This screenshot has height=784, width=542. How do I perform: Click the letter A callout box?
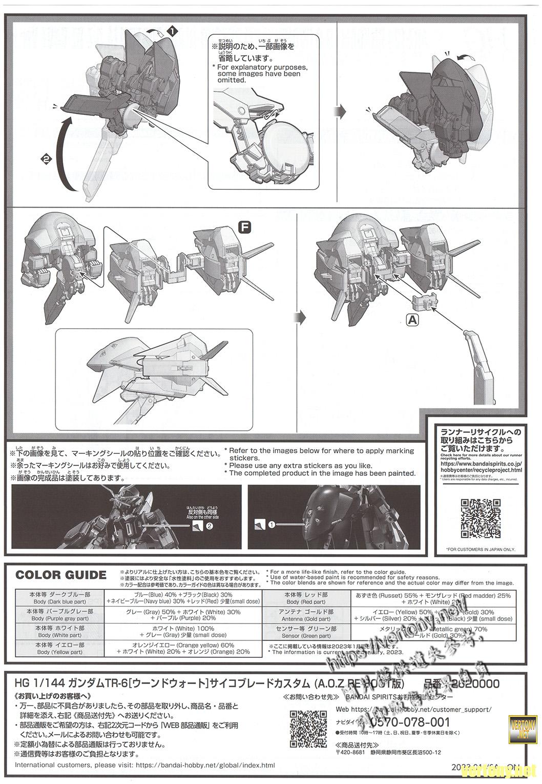[412, 320]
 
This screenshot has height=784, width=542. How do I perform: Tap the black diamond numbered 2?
[47, 159]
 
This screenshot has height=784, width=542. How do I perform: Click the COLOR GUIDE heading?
[60, 575]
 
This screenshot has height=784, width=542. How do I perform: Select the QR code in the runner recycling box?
[480, 518]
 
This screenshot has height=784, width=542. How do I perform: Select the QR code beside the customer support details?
[308, 729]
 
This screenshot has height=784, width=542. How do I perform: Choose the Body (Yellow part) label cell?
[59, 649]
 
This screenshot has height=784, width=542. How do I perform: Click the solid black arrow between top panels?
[339, 111]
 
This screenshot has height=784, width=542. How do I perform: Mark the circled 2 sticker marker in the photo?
[209, 526]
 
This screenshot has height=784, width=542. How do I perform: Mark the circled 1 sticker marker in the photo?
[271, 524]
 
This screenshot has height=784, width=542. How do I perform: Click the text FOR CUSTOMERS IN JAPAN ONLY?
[480, 550]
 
